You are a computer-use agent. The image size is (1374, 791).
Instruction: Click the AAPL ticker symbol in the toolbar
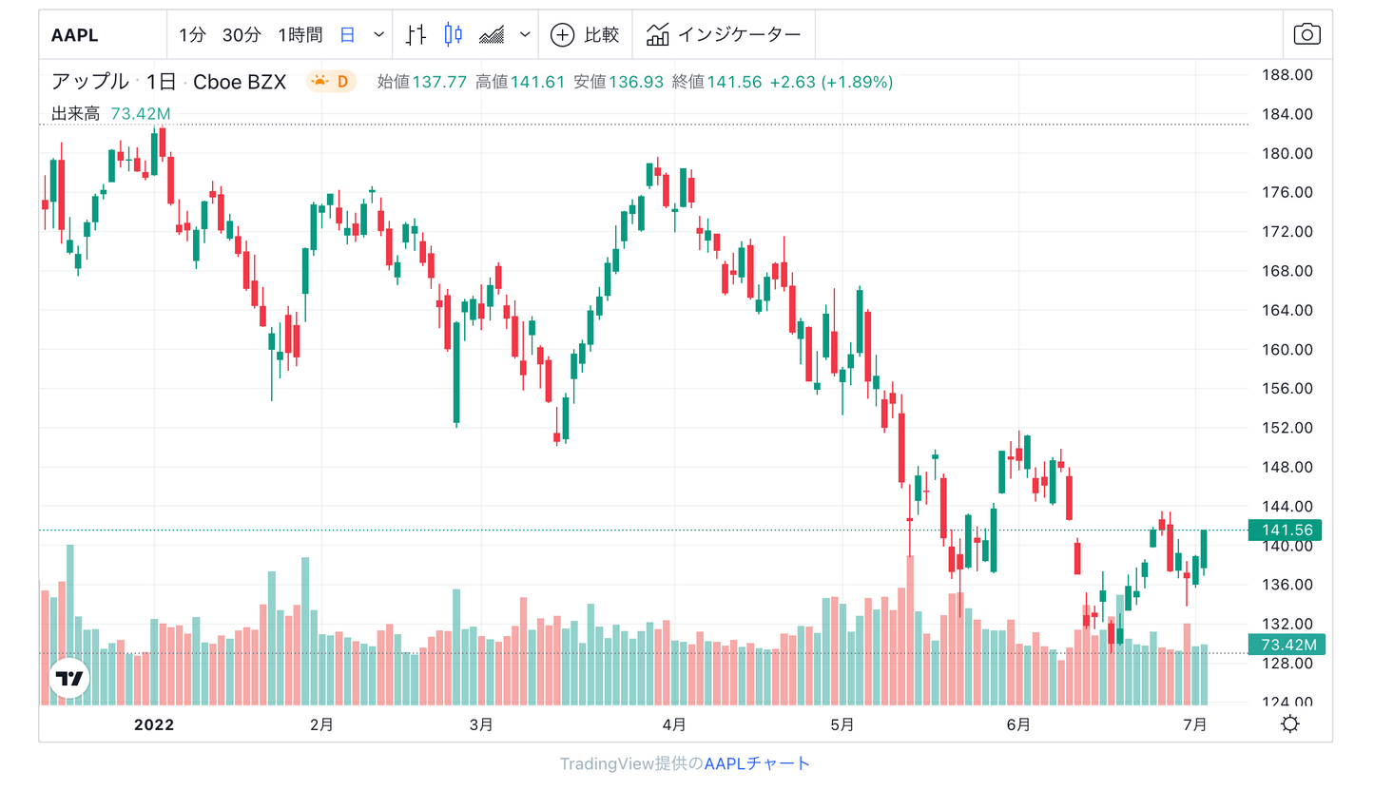click(75, 36)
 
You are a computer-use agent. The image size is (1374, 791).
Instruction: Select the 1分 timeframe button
click(191, 35)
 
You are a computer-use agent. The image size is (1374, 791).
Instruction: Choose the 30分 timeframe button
click(242, 35)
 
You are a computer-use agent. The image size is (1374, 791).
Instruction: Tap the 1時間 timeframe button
click(300, 35)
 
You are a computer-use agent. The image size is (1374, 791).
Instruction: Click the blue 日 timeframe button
click(348, 35)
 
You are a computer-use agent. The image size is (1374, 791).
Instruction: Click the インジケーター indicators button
click(724, 35)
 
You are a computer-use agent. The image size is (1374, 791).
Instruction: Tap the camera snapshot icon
click(1307, 35)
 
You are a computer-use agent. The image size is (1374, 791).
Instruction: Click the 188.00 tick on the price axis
click(1286, 75)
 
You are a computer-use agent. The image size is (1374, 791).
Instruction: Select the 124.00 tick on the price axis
click(1286, 703)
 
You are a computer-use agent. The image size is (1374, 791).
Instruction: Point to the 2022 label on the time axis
click(154, 724)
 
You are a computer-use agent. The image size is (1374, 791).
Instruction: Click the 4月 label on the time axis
click(674, 724)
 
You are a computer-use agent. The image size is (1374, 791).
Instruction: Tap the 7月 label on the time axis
click(1195, 724)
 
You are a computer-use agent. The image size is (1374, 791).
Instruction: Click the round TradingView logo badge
click(69, 678)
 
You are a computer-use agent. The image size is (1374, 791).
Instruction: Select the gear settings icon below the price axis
click(1290, 724)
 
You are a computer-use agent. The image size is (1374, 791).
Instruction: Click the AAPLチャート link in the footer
click(757, 763)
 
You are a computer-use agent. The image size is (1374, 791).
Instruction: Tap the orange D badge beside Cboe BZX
click(331, 82)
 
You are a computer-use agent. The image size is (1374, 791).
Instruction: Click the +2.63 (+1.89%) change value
click(831, 82)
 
